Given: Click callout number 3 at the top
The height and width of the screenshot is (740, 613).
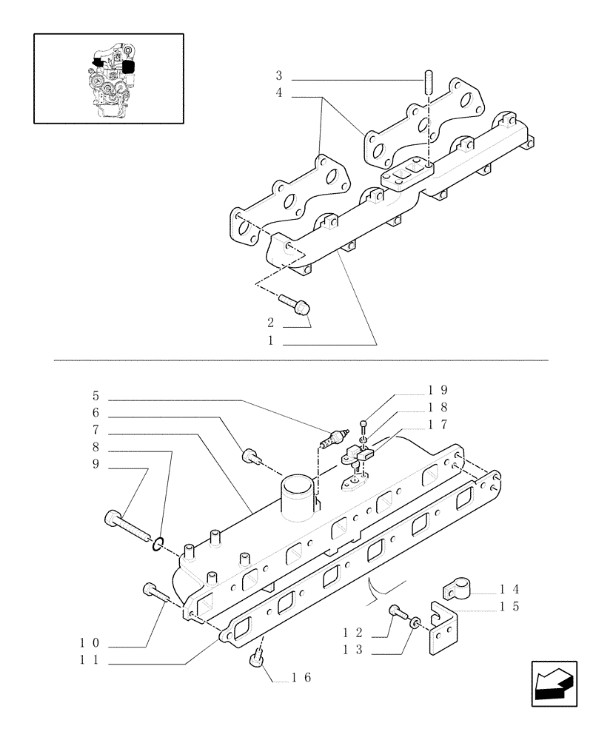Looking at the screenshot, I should [x=279, y=75].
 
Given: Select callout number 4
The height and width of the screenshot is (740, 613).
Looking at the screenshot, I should [x=279, y=94].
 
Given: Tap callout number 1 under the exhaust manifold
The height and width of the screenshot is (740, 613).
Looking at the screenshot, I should [x=272, y=342].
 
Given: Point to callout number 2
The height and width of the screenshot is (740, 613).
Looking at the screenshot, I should [x=272, y=323].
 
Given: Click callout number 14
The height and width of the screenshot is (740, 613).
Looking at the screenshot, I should [x=507, y=590].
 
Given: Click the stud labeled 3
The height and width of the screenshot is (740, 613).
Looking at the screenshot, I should [x=429, y=80].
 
